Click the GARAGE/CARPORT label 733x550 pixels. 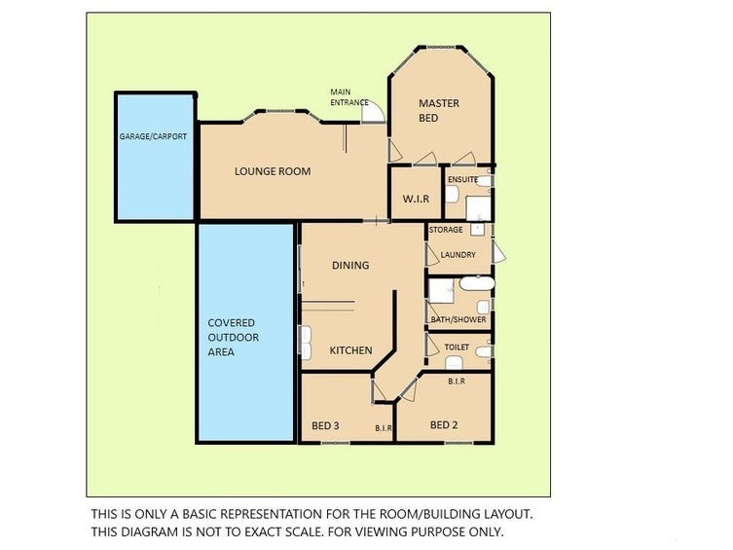[153, 136]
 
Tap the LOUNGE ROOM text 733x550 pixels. [273, 171]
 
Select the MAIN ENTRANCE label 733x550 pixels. [349, 97]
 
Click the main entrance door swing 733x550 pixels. [374, 112]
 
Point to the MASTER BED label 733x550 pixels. [438, 110]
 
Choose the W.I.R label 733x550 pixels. [416, 199]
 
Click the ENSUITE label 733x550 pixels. [462, 179]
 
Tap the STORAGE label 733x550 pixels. [446, 230]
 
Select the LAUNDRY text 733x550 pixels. [458, 255]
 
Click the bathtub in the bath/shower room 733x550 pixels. [477, 283]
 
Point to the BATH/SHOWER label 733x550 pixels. [458, 319]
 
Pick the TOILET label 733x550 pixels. [457, 348]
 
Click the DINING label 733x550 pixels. [350, 266]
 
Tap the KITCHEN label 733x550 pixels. [351, 350]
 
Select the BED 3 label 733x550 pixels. [325, 425]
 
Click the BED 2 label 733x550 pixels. [444, 424]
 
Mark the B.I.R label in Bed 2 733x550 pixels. [457, 382]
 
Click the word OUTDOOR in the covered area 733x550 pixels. [234, 338]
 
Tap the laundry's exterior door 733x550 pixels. [499, 251]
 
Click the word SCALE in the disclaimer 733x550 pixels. [298, 532]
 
